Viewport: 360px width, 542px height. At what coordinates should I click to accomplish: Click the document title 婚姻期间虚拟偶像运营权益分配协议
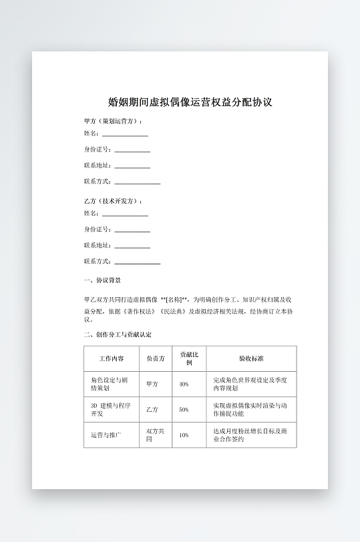[190, 103]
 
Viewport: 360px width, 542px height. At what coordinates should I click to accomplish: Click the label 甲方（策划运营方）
[113, 121]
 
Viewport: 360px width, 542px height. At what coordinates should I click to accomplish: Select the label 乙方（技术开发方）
[113, 201]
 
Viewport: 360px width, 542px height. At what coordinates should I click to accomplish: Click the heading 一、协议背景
[102, 281]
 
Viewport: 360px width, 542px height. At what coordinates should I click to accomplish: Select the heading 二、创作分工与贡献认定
[118, 334]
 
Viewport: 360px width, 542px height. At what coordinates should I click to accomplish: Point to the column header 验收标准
[251, 358]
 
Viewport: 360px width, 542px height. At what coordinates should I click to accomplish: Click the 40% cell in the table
[184, 384]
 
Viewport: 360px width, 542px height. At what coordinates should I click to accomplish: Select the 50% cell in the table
[184, 410]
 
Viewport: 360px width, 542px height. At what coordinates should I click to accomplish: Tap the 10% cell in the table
[184, 435]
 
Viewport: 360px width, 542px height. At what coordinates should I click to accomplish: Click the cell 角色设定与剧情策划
[109, 384]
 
